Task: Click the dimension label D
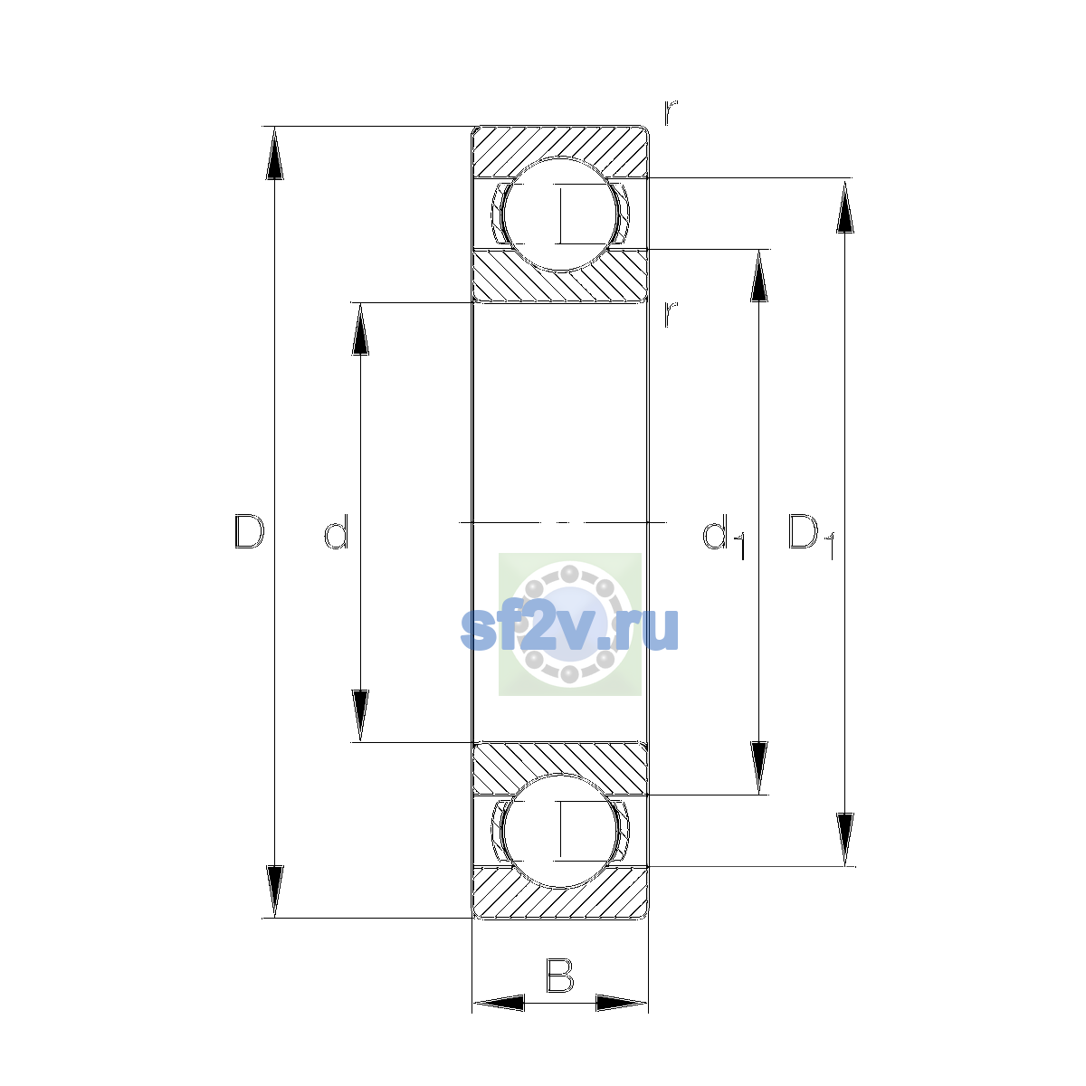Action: tap(249, 531)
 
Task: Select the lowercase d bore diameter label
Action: tap(337, 531)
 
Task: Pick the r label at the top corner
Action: tap(671, 112)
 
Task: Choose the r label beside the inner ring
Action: tap(671, 314)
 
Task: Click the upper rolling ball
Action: tap(560, 214)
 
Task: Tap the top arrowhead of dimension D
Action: tap(274, 152)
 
